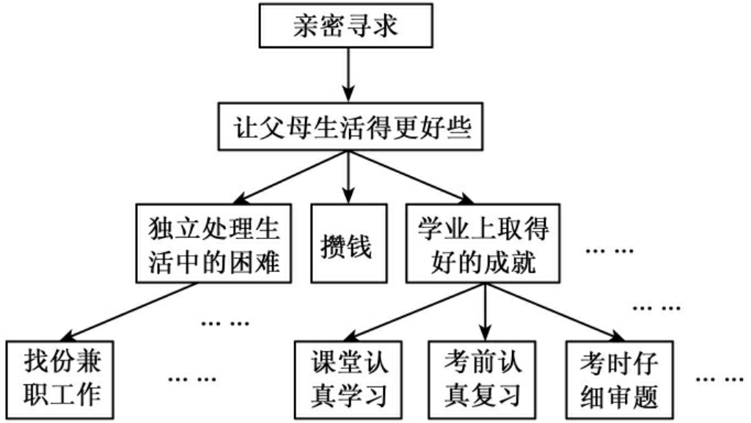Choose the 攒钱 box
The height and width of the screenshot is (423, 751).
(x=347, y=246)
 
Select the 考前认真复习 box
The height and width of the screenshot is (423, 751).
(x=484, y=375)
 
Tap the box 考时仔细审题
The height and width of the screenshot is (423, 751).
(x=618, y=375)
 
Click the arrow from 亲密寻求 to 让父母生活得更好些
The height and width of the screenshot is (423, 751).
(x=347, y=78)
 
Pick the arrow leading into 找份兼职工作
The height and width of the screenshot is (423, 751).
(x=125, y=312)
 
